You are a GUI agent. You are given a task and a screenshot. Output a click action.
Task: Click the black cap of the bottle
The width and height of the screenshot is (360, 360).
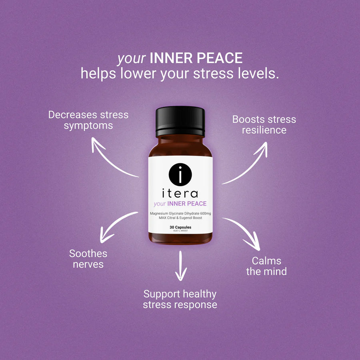click(180, 121)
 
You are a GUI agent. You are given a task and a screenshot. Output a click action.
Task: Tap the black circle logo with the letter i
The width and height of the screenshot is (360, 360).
click(180, 174)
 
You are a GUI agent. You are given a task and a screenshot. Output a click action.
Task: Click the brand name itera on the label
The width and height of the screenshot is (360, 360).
click(180, 193)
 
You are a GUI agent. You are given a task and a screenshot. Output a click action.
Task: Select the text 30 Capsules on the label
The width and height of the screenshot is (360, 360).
click(180, 227)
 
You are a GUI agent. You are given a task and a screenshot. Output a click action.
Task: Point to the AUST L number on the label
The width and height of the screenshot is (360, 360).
click(180, 230)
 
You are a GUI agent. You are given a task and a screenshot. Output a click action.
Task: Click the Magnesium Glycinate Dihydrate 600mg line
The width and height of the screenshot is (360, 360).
click(180, 213)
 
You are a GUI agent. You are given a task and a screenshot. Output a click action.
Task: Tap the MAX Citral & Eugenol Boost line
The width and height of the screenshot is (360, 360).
click(180, 218)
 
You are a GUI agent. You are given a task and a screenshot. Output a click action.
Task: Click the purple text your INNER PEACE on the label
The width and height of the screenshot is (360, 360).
click(180, 204)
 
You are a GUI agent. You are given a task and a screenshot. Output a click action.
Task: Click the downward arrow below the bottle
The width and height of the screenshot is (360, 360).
click(181, 266)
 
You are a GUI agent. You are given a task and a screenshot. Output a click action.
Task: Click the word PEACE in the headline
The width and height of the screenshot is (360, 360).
click(220, 58)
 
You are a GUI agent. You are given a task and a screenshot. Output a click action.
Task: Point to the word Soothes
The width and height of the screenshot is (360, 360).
click(88, 254)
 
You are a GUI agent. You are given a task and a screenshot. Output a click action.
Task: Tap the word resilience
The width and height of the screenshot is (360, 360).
click(264, 130)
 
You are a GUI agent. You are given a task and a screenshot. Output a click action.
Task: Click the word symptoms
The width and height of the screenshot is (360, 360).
click(88, 126)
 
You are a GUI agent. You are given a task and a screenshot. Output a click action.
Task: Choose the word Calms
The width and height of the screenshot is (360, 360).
click(266, 261)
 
